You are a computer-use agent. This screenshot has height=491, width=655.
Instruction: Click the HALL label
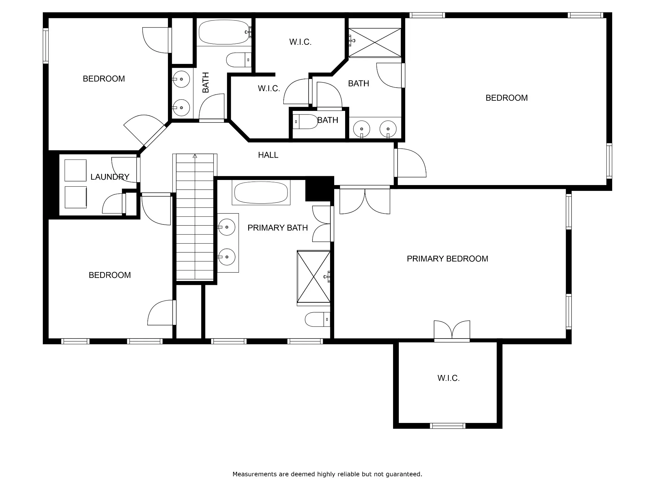click(x=268, y=155)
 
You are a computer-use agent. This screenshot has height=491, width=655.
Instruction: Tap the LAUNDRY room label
click(x=110, y=177)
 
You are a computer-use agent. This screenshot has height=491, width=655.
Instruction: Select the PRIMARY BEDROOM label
click(x=447, y=259)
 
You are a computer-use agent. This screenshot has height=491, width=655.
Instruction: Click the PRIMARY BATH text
click(x=278, y=228)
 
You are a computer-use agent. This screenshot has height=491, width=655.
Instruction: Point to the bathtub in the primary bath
click(x=261, y=192)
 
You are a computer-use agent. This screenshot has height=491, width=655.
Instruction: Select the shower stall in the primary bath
click(x=313, y=277)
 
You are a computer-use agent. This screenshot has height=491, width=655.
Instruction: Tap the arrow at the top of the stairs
click(x=195, y=156)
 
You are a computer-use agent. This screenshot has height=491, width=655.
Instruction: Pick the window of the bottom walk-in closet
click(x=447, y=426)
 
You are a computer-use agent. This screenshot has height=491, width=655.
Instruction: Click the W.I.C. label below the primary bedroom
click(x=448, y=378)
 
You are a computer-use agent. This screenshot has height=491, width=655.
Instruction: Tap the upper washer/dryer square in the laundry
click(x=75, y=170)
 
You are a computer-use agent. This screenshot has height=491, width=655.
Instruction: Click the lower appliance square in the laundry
click(x=75, y=197)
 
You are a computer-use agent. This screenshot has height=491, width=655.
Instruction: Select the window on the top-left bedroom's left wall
click(x=46, y=46)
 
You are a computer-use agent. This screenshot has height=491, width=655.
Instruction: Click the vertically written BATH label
click(x=206, y=82)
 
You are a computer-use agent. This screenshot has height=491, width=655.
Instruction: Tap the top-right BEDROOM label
click(x=507, y=98)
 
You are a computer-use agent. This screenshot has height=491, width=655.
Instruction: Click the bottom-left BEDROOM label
click(x=110, y=275)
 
